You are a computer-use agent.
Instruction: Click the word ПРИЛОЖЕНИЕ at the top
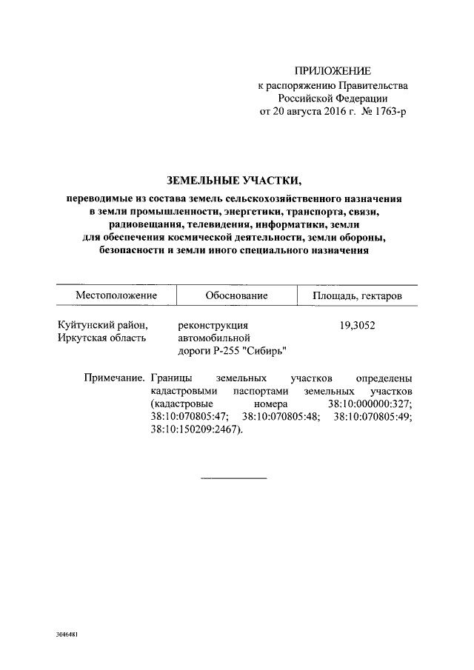(333, 71)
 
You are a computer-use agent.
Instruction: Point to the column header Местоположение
(116, 295)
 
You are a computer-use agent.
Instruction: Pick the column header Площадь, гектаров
(358, 295)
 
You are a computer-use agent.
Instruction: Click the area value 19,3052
(357, 324)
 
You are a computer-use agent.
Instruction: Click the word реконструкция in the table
(211, 324)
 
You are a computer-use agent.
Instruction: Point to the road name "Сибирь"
(264, 351)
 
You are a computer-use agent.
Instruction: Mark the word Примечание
(113, 378)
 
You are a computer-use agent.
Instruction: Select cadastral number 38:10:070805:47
(189, 418)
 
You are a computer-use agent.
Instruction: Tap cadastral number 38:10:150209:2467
(196, 431)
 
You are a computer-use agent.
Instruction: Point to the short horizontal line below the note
(234, 478)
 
